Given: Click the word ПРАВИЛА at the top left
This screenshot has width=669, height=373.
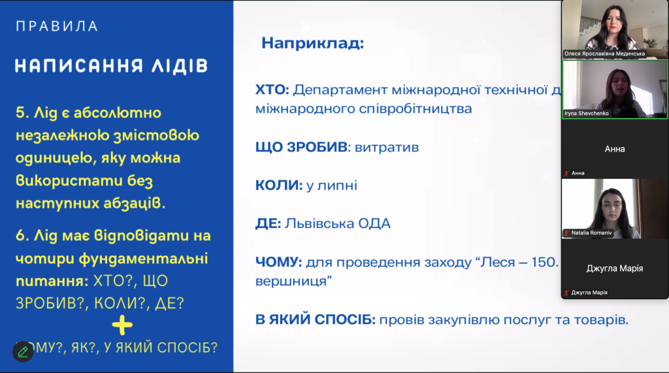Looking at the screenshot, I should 57,27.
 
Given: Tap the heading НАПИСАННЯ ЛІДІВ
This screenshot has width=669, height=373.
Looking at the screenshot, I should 111,66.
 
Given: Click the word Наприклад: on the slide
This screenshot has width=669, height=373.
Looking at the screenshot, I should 312,44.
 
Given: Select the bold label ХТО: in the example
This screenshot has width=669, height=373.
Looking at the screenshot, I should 272,89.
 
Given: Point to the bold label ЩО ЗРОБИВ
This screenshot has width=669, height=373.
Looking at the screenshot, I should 300,147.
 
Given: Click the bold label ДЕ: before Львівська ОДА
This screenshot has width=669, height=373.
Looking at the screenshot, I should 268,224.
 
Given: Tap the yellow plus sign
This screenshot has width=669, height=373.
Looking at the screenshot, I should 122,325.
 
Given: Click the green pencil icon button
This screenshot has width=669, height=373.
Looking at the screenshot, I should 23,352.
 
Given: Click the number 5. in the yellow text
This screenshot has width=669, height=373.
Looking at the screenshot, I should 22,113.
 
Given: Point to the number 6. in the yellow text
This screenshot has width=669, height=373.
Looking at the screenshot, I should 22,235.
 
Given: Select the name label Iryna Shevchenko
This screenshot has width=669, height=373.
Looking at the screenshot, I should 587,113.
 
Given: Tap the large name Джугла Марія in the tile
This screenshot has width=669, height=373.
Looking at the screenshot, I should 614,268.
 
